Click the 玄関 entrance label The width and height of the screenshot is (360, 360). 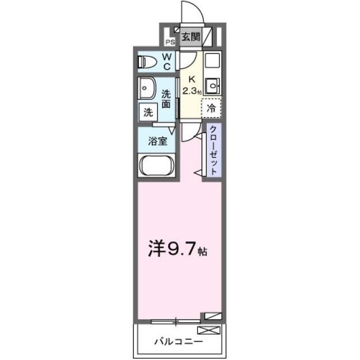coord(191,37)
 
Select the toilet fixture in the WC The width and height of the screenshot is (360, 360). coord(148,60)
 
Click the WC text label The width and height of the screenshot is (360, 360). coord(167,60)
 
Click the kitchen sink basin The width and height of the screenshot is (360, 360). coord(213,85)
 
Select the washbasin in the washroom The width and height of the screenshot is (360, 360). coord(148,88)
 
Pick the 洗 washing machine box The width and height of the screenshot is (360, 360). coord(148,111)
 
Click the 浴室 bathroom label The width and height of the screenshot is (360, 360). coord(157,141)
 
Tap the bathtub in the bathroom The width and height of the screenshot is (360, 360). coord(157,166)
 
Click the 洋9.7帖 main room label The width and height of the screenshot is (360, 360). coord(178,249)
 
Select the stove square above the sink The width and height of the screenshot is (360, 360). coord(213,60)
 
